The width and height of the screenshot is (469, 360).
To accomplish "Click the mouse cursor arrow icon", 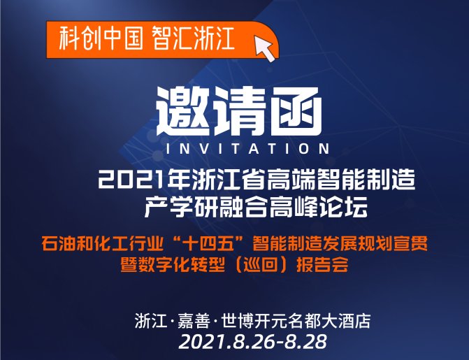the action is (x=264, y=48).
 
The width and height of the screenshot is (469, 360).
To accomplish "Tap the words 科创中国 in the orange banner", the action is (x=101, y=39).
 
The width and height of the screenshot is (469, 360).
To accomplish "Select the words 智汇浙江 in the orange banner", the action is (x=193, y=39).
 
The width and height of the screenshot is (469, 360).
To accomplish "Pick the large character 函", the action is (x=296, y=111).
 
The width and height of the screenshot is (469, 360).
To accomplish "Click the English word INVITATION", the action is (x=247, y=149).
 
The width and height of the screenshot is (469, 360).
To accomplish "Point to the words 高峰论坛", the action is (x=318, y=207).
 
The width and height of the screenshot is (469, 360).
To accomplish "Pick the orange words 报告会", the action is (x=322, y=264).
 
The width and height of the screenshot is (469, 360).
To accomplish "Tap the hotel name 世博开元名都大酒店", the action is (x=296, y=321).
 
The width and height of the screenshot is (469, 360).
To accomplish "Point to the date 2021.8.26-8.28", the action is (x=253, y=342).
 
